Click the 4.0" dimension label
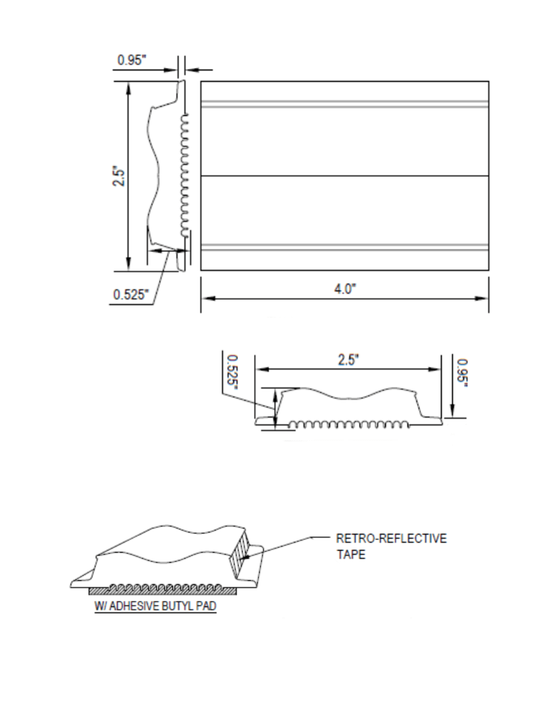coord(345,289)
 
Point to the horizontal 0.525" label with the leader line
coord(132,294)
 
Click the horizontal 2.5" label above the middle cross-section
coord(348,360)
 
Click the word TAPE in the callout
coord(351,555)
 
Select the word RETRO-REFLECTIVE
coord(391,538)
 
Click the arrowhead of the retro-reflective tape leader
coord(245,557)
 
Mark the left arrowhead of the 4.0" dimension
coord(206,298)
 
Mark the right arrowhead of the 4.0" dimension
coord(483,298)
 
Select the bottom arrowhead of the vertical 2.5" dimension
coord(128,265)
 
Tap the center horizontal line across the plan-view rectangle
coord(345,176)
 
